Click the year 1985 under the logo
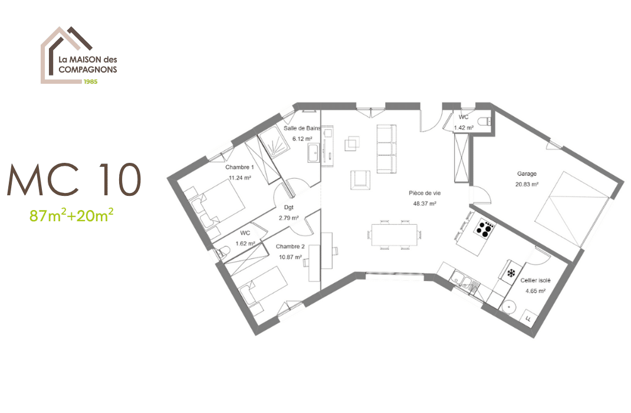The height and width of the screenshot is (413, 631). pos(90,81)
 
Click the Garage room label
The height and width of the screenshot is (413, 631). pos(527,174)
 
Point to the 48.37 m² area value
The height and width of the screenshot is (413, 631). pos(425,204)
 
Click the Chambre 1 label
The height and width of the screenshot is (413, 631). pos(239,168)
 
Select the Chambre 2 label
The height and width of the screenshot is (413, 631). pos(290,247)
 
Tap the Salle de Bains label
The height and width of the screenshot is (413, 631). pos(302,128)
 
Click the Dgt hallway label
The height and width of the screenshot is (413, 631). pos(289,207)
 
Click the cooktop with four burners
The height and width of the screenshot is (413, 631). pos(485,228)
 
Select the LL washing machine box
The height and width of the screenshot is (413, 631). pos(527,318)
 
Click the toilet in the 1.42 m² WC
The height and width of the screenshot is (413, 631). pos(485,122)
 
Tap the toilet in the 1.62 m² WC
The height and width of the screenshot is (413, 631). pos(222,252)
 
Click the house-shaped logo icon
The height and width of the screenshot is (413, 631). pos(65,53)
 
